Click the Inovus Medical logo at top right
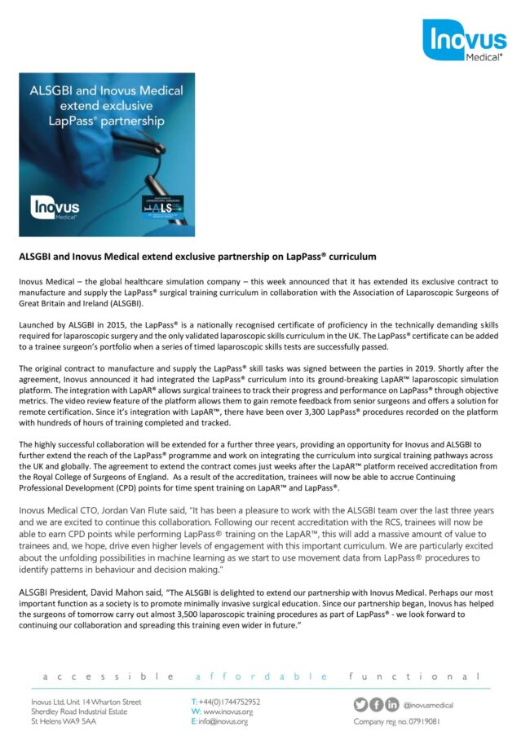click(x=464, y=41)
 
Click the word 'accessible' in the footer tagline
click(x=105, y=676)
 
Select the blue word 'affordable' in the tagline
click(x=262, y=676)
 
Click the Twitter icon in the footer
click(x=360, y=704)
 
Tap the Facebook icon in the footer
click(x=376, y=704)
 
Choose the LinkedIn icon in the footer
click(x=391, y=704)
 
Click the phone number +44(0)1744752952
click(x=229, y=702)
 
